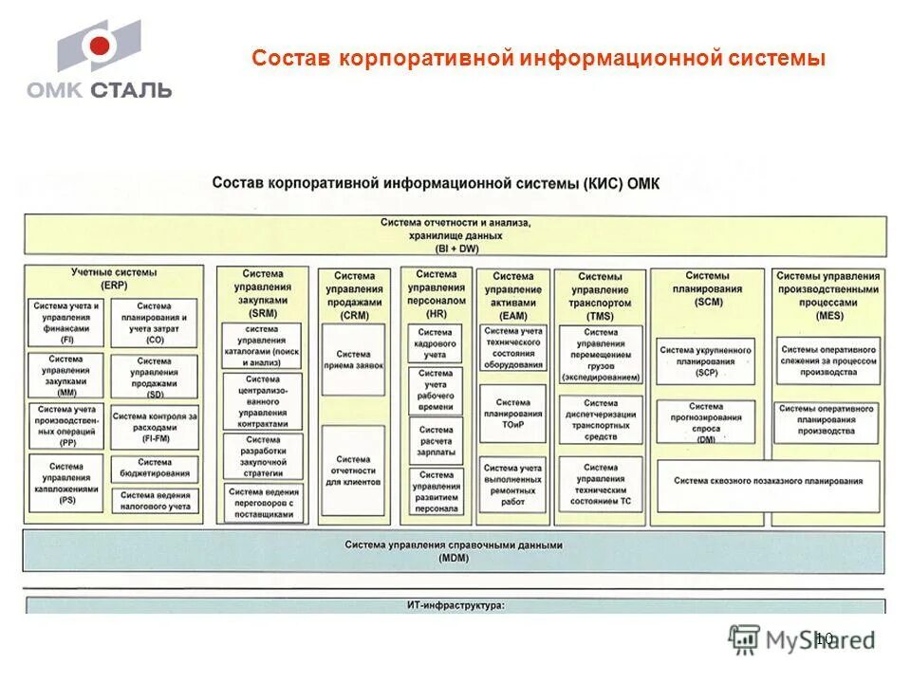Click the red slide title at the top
click(x=538, y=59)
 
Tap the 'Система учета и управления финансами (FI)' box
click(x=66, y=323)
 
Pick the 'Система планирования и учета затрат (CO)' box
click(x=154, y=323)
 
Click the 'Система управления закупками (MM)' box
click(x=66, y=376)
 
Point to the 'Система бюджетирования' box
click(x=154, y=468)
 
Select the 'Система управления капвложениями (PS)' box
click(x=66, y=482)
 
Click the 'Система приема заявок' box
click(x=353, y=360)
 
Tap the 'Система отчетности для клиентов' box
click(x=353, y=471)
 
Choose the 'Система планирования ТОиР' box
click(x=512, y=414)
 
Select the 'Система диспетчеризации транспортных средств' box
click(x=600, y=419)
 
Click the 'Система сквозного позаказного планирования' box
click(x=769, y=482)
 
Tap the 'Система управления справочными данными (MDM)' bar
click(x=454, y=551)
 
